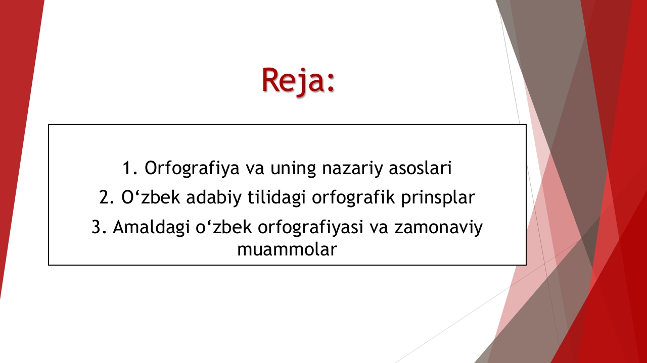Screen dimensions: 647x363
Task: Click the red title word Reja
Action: (293, 80)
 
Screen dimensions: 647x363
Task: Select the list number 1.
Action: (129, 168)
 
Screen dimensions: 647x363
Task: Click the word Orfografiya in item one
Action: (192, 168)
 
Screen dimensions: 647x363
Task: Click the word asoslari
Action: (420, 168)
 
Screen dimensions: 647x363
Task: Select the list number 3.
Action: (99, 227)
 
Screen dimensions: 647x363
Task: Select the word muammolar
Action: (287, 249)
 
